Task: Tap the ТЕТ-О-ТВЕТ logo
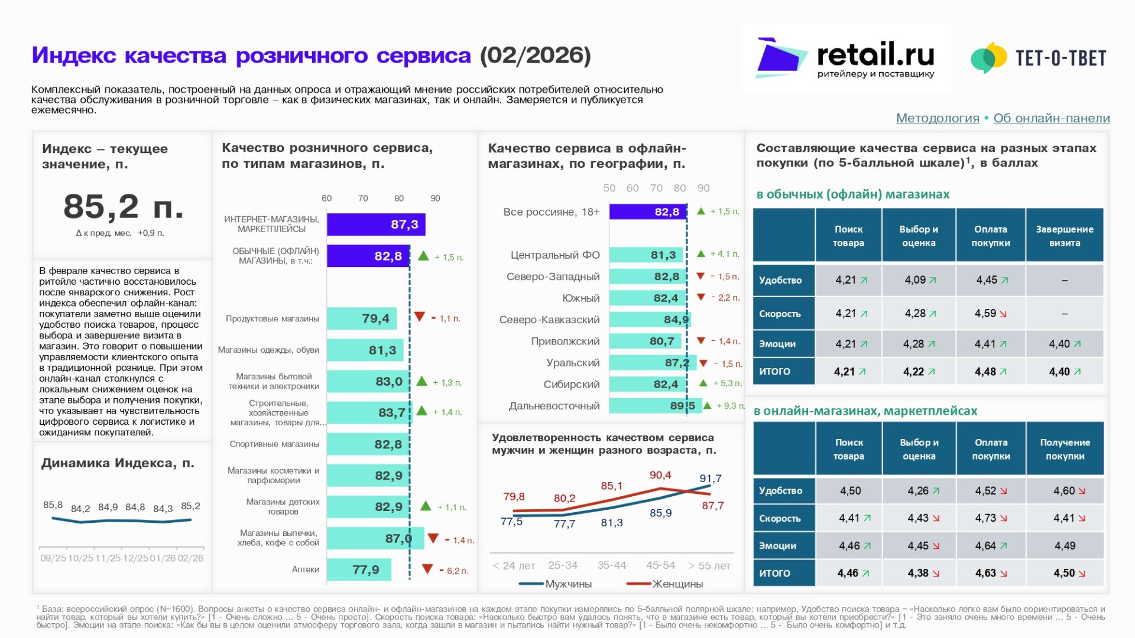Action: [1039, 58]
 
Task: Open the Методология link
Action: [937, 118]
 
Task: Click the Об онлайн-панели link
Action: [1051, 118]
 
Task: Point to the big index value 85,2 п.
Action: [123, 207]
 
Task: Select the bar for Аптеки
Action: [359, 570]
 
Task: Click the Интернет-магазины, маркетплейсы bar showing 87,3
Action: [375, 224]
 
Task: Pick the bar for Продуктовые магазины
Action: [361, 318]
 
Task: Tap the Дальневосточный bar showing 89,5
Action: [654, 406]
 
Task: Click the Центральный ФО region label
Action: [554, 255]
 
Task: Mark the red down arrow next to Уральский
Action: [703, 363]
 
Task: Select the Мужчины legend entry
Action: [556, 584]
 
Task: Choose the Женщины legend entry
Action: [665, 584]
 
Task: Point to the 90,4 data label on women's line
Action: [660, 475]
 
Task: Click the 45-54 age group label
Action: [660, 565]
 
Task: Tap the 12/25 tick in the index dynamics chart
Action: [135, 558]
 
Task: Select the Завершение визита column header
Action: [1064, 236]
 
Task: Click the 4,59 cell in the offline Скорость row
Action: [990, 314]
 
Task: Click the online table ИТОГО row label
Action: [774, 573]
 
